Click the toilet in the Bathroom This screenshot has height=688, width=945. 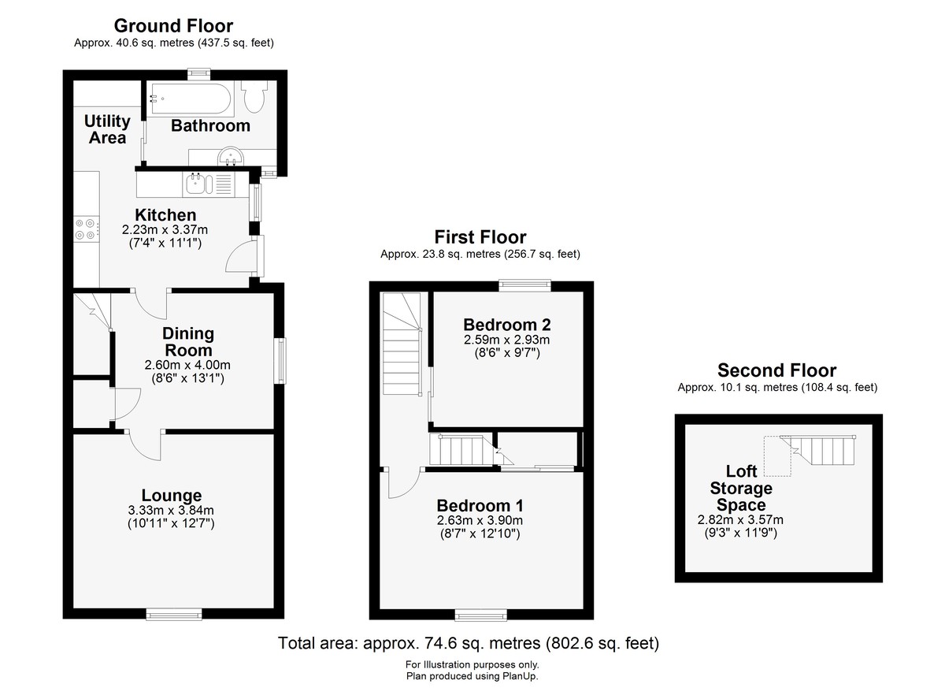click(254, 96)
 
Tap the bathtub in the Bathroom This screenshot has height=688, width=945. click(190, 99)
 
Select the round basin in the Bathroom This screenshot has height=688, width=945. click(230, 156)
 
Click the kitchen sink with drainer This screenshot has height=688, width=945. click(209, 184)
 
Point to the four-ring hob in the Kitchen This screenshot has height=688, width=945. click(87, 229)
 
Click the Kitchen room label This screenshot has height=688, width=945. click(165, 215)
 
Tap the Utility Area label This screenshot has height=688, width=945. click(107, 129)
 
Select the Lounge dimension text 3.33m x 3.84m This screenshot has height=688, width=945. click(171, 510)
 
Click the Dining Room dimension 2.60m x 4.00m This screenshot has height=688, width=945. click(187, 365)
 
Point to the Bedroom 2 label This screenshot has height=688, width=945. click(507, 325)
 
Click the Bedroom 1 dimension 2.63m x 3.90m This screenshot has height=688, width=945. click(480, 520)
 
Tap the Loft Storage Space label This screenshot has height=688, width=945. click(741, 488)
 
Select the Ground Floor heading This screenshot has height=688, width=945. click(173, 26)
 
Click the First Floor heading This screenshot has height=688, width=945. click(480, 236)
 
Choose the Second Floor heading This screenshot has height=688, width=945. click(777, 370)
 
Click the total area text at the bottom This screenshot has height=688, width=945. click(469, 643)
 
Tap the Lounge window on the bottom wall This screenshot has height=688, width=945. click(174, 614)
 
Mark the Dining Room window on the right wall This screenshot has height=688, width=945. click(280, 360)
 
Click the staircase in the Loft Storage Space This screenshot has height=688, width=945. click(817, 450)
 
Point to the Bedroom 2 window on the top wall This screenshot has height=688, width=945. click(525, 285)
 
